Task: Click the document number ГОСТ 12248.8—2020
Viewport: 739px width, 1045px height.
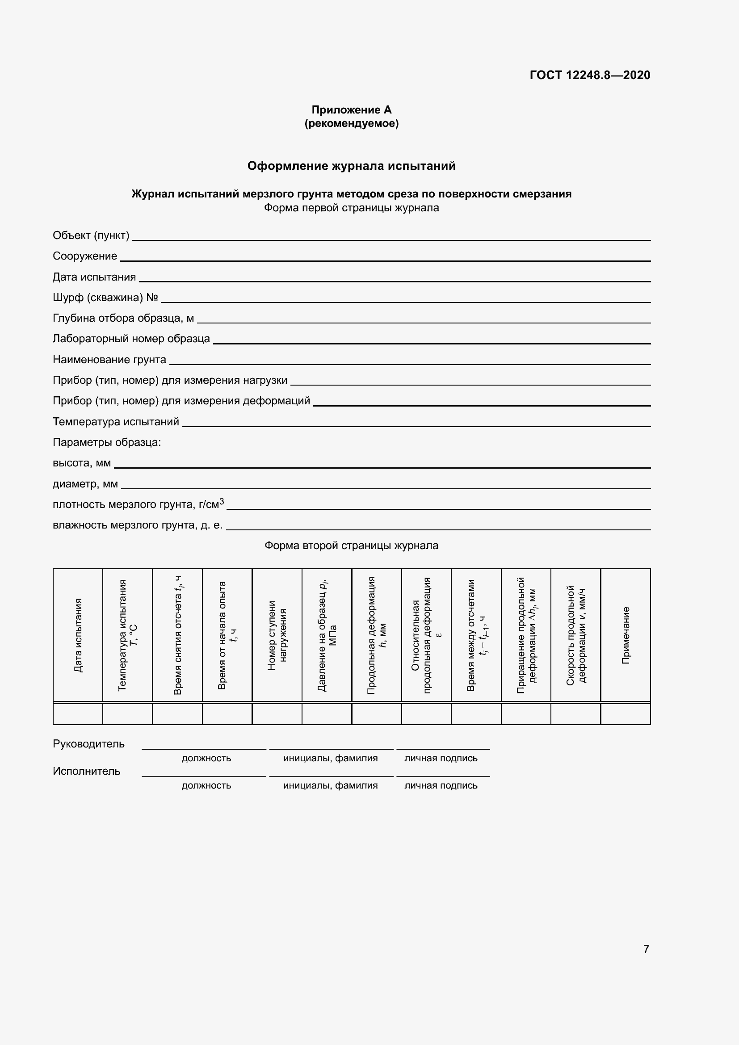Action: [590, 75]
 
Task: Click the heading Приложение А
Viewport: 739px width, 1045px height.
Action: [351, 110]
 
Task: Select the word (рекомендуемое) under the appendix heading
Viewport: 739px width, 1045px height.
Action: [351, 123]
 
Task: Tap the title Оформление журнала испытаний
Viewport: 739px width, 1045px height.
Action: [351, 166]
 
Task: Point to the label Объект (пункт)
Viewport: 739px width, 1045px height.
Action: [91, 235]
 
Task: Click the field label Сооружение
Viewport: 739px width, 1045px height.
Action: [85, 256]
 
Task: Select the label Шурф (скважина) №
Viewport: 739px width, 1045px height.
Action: [105, 297]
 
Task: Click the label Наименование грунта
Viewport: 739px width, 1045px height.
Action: [109, 360]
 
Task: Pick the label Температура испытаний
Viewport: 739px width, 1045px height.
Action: [116, 421]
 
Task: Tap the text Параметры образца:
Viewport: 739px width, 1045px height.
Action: [107, 442]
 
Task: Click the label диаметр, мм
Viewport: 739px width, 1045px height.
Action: [85, 484]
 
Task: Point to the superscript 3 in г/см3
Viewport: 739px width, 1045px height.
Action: [222, 501]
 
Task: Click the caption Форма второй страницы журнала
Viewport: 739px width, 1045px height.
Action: [351, 545]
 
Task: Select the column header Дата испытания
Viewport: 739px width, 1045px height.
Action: [78, 635]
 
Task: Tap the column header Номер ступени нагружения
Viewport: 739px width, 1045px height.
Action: [277, 635]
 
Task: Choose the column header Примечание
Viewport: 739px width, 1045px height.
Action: [626, 635]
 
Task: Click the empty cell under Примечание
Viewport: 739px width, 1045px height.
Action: [626, 713]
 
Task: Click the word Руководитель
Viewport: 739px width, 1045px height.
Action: [89, 744]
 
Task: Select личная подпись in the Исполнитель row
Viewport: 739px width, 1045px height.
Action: [441, 785]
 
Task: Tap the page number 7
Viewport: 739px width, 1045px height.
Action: [646, 949]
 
